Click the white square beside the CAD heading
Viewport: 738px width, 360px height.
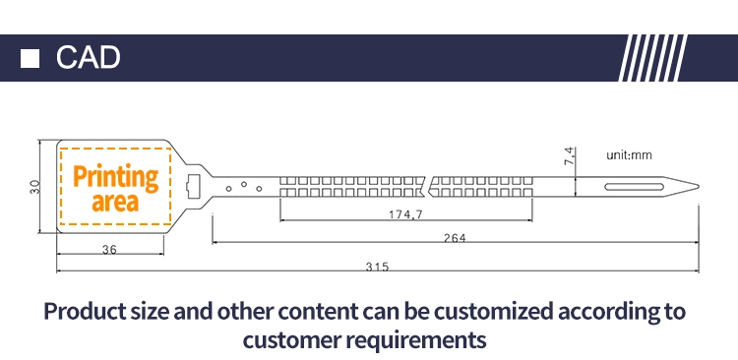30,58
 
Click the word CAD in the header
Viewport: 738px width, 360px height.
88,57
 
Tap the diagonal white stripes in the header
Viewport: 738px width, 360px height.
652,58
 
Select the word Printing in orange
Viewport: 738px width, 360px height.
116,178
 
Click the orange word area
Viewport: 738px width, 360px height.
115,202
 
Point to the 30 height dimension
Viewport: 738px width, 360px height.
35,187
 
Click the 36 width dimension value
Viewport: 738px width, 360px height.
109,250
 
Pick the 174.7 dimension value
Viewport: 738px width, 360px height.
405,214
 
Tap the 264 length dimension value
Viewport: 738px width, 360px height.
455,238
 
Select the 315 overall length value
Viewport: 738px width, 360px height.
378,267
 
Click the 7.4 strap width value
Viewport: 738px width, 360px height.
569,155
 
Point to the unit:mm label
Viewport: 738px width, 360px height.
630,155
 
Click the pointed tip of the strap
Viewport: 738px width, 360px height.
699,187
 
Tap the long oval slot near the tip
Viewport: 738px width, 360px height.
634,187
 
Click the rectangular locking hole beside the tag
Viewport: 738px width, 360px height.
193,187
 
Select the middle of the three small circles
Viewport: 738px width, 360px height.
244,184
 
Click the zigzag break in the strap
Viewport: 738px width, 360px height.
428,187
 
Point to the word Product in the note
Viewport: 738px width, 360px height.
78,311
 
